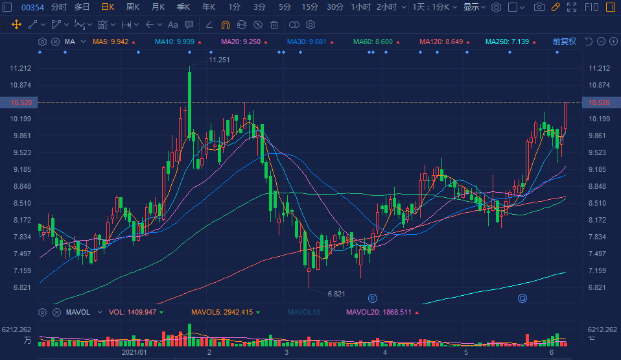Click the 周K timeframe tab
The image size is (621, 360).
pyautogui.click(x=133, y=7)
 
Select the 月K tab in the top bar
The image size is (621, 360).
pyautogui.click(x=158, y=7)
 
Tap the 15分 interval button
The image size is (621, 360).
pyautogui.click(x=310, y=7)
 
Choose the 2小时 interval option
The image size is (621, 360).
pyautogui.click(x=387, y=7)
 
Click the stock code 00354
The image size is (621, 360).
pyautogui.click(x=32, y=7)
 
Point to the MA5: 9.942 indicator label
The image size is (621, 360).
pyautogui.click(x=110, y=42)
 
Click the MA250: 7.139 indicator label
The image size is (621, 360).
pyautogui.click(x=508, y=42)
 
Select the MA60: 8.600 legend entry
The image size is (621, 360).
pyautogui.click(x=373, y=42)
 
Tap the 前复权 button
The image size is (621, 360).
pyautogui.click(x=564, y=42)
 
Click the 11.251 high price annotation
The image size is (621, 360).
pyautogui.click(x=220, y=60)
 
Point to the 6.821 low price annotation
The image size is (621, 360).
pyautogui.click(x=336, y=294)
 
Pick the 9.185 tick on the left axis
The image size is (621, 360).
pyautogui.click(x=21, y=169)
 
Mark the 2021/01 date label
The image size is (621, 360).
pyautogui.click(x=135, y=352)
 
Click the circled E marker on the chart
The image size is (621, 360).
pyautogui.click(x=373, y=298)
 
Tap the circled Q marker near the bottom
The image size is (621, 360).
pyautogui.click(x=522, y=298)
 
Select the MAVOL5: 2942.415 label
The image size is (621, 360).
pyautogui.click(x=222, y=312)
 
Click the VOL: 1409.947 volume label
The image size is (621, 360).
pyautogui.click(x=132, y=312)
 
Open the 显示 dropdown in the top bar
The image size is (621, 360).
pyautogui.click(x=474, y=7)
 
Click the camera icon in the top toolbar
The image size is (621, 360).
pyautogui.click(x=539, y=7)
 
